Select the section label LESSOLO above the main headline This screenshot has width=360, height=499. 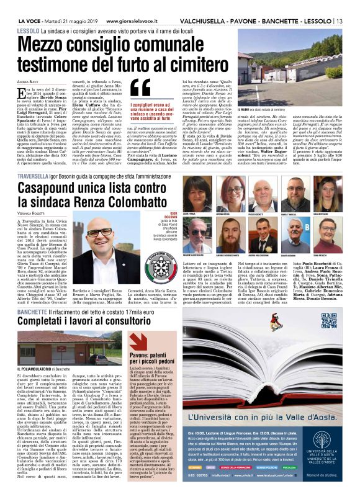tap(28, 30)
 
